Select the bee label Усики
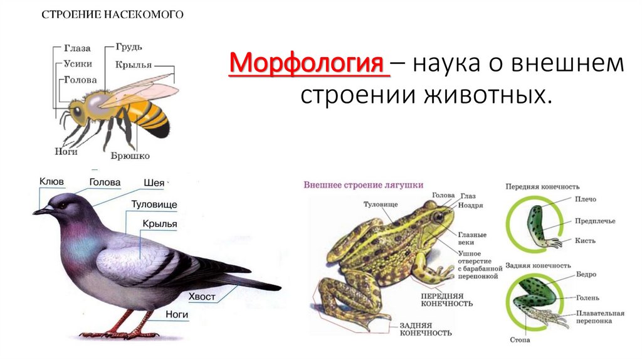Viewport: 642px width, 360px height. [x=78, y=63]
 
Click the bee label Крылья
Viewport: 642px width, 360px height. [x=133, y=65]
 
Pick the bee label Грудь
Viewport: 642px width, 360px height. [x=129, y=47]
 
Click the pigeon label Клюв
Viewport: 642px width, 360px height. [x=51, y=182]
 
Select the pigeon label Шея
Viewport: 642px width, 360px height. [x=153, y=183]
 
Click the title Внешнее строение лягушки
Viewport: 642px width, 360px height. [x=363, y=185]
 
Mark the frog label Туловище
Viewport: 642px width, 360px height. [x=381, y=204]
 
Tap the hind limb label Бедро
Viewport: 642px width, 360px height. [x=585, y=275]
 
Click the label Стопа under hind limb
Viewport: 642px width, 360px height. [x=520, y=340]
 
